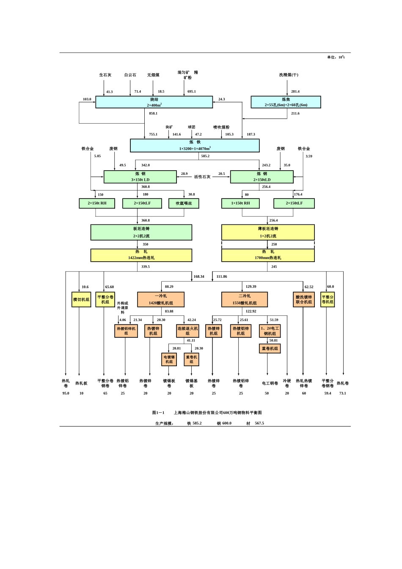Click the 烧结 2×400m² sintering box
154,102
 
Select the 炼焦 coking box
286,102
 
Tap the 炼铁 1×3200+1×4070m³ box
195,145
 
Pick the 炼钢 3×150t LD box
140,177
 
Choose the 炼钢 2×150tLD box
262,177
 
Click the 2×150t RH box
97,203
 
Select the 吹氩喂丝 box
184,203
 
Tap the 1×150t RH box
240,203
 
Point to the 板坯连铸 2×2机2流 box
141,232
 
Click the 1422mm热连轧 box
141,255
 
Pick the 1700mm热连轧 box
268,255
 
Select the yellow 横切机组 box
81,300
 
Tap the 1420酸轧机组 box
161,299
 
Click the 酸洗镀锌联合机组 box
304,299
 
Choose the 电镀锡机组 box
169,359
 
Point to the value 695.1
192,91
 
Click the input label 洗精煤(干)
289,75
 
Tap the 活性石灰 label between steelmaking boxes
202,177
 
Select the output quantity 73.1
342,393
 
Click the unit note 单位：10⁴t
336,57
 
